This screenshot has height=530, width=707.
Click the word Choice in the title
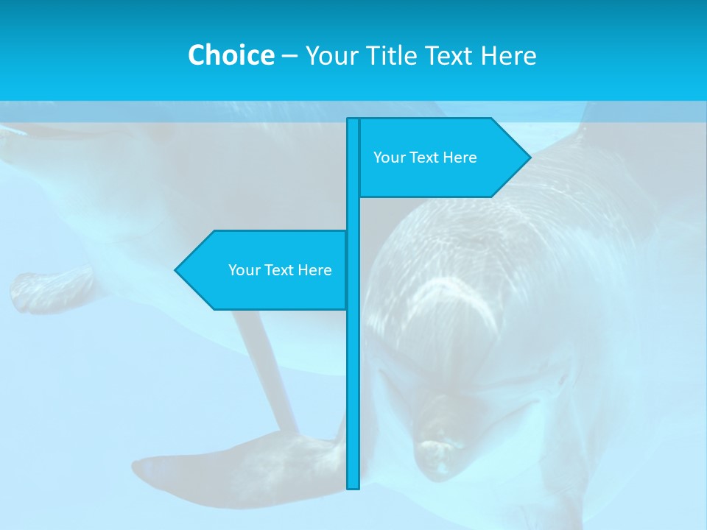(x=231, y=55)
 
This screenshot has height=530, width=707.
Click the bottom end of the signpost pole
(x=353, y=486)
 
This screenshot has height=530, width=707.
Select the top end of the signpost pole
(x=353, y=120)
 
